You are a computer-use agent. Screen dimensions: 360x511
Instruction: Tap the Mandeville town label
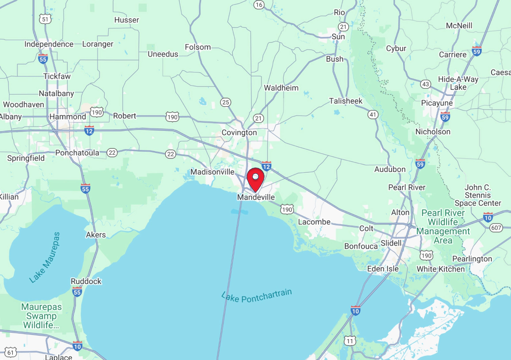256,197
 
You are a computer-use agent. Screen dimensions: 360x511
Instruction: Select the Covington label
239,133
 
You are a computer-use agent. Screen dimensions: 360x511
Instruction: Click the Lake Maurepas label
44,257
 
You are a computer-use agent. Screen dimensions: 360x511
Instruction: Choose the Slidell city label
391,243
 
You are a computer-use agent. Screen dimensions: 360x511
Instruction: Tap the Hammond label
68,117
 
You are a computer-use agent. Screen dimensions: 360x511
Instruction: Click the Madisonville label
212,172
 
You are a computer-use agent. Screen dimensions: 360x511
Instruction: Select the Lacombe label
314,222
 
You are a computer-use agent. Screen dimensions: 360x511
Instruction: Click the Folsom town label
197,47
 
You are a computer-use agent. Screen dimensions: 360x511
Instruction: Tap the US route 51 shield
45,19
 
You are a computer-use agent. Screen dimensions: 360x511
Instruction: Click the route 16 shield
259,4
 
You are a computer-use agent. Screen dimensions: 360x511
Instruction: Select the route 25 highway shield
226,102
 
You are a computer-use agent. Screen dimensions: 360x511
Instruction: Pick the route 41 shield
373,114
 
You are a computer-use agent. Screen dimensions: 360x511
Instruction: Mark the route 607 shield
496,227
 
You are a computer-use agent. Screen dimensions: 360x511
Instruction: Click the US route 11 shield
350,341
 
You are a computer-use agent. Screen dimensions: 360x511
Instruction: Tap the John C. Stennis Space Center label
478,195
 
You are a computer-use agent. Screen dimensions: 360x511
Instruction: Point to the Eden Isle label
383,269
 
